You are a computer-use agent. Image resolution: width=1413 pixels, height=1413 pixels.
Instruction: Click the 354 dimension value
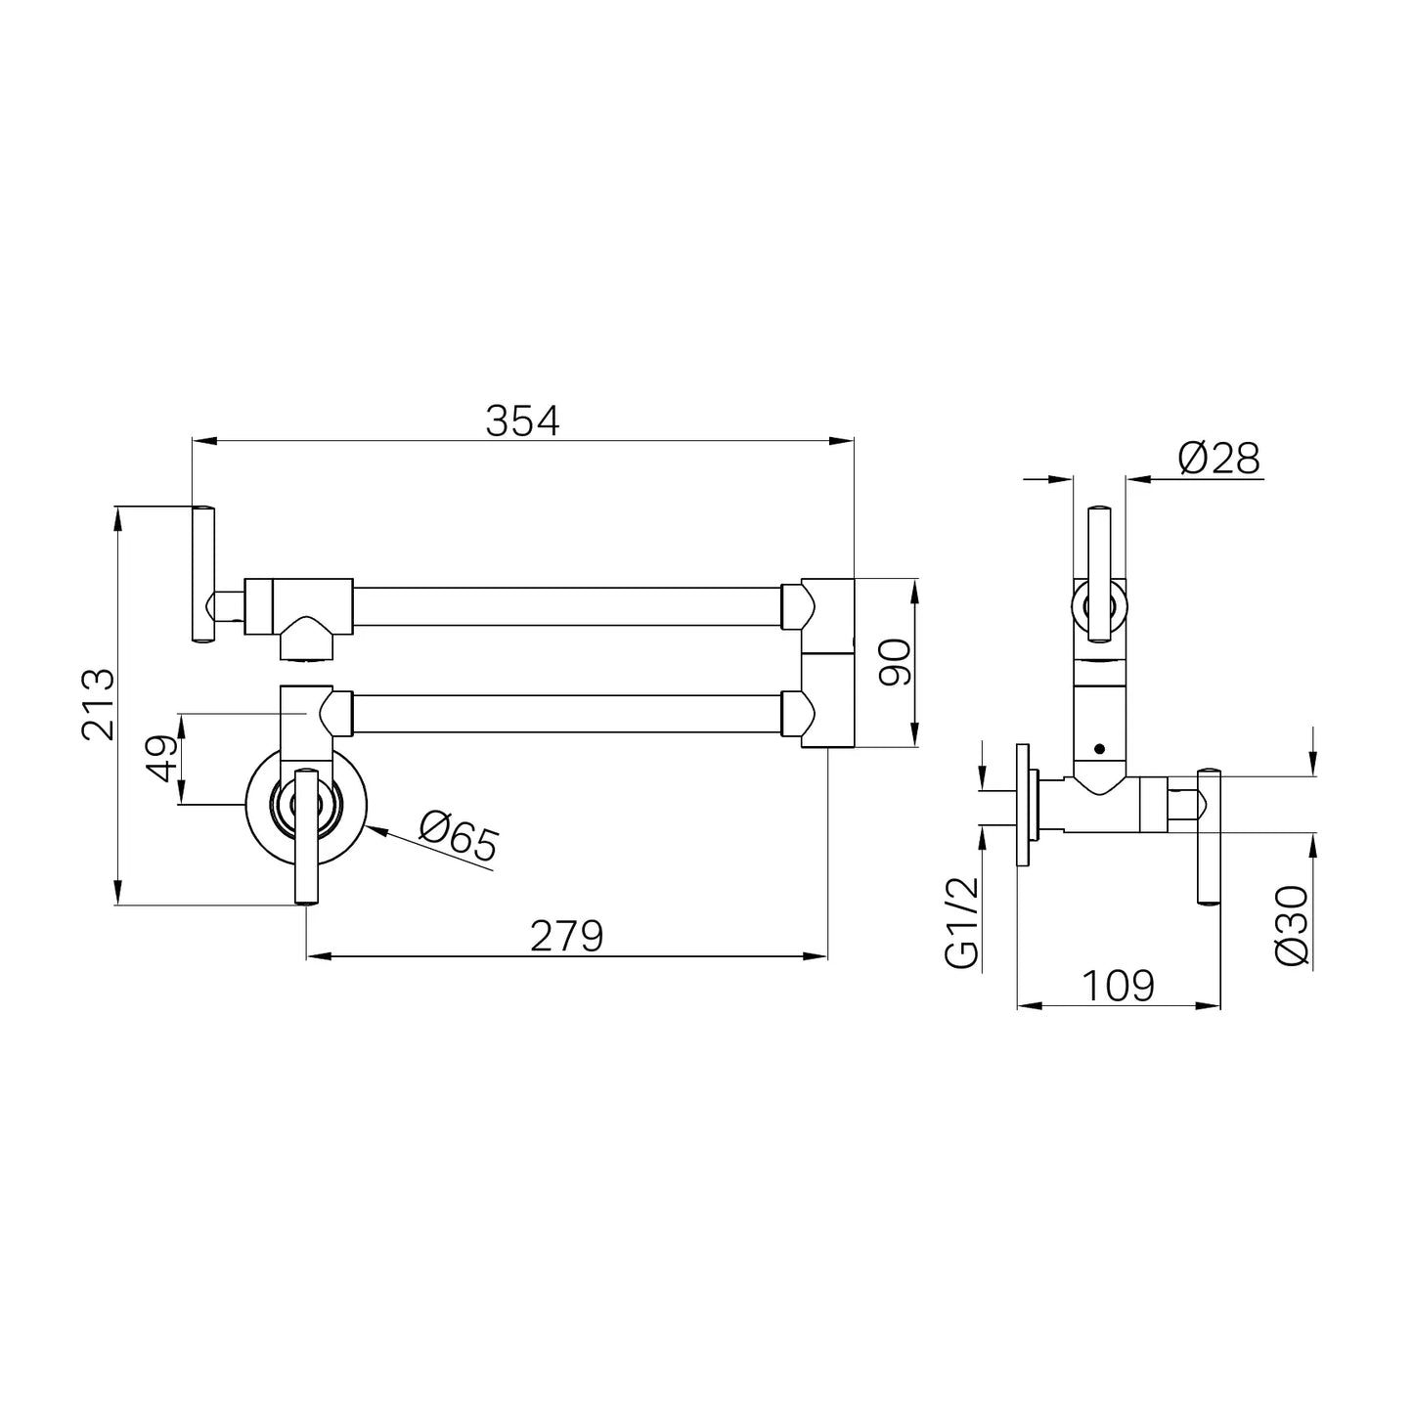click(x=522, y=420)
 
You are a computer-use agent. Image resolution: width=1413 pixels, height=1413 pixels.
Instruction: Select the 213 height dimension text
click(x=98, y=704)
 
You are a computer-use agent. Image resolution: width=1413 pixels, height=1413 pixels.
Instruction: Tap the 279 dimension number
click(x=566, y=936)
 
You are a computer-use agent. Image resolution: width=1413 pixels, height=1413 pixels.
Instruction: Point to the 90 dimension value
click(x=895, y=662)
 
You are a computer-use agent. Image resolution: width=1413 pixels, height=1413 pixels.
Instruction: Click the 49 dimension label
click(x=162, y=758)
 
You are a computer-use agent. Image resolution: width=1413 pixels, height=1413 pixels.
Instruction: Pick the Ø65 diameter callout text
click(x=459, y=837)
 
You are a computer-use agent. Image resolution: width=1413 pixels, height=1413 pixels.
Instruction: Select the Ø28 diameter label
click(x=1218, y=459)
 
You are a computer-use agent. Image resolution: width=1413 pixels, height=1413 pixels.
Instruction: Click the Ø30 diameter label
click(x=1292, y=926)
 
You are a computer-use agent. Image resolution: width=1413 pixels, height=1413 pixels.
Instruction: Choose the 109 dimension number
click(x=1119, y=986)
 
